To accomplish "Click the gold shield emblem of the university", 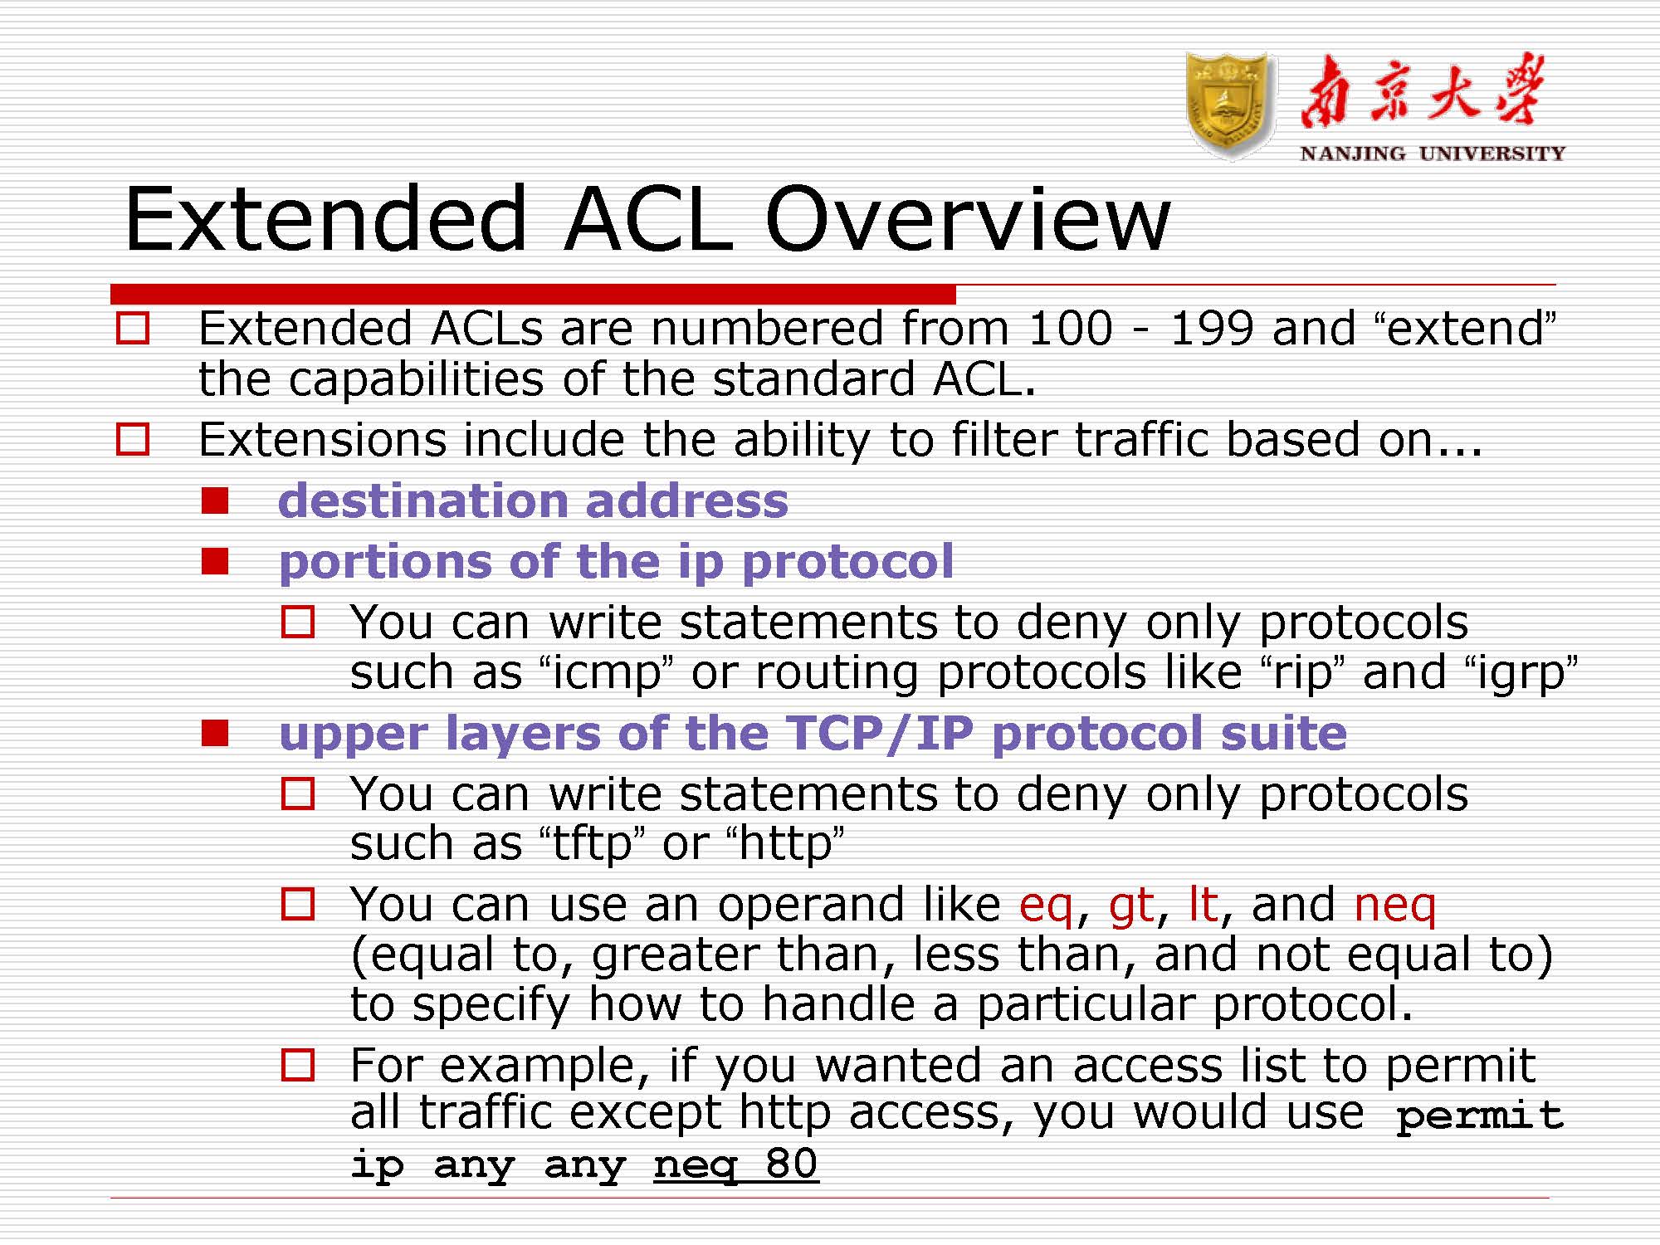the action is tap(1231, 106).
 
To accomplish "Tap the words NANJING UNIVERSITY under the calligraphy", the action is tap(1433, 154).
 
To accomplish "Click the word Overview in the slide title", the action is tap(968, 219).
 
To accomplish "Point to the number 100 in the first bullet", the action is tap(1071, 328).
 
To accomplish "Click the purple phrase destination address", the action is tap(533, 500).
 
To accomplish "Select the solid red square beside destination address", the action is tap(215, 500).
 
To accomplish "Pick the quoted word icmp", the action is tap(606, 671).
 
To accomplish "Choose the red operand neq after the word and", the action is tap(1394, 905).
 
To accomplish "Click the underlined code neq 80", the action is tap(735, 1164).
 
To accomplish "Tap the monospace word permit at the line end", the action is tap(1480, 1116).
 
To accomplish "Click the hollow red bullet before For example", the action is tap(298, 1065).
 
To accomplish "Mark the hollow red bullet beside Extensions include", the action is tap(133, 439).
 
